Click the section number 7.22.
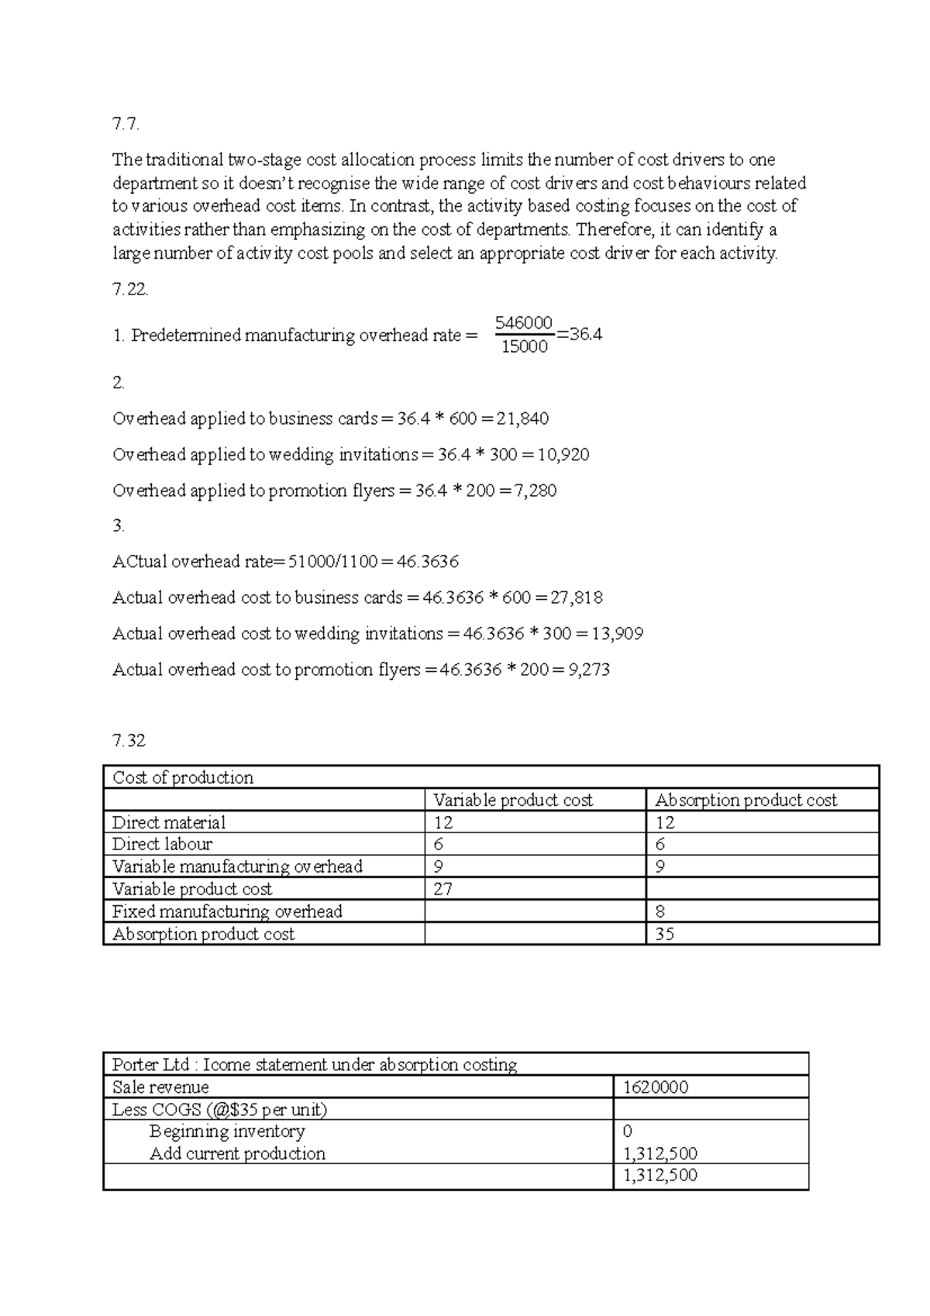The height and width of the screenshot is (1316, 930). coord(129,290)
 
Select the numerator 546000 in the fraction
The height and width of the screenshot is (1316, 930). coord(524,322)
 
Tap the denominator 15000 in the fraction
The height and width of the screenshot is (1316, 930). coord(525,346)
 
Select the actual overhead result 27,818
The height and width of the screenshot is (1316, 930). coord(576,598)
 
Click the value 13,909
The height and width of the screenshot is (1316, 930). coord(617,634)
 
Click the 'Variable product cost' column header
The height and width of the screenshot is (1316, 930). coord(512,800)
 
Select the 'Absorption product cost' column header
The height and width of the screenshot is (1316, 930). coord(746,800)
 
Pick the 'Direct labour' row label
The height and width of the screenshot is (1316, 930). coord(162,844)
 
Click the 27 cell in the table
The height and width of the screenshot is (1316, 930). coord(443,889)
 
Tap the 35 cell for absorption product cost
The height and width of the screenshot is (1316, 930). coord(664,934)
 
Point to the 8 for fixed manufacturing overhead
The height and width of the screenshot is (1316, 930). coord(660,911)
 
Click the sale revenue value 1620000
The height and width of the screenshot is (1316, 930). coord(656,1087)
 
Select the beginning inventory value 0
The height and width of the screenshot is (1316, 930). coord(628,1132)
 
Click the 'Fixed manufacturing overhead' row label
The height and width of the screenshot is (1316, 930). coord(227,911)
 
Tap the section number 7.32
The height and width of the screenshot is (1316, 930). coord(129,741)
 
